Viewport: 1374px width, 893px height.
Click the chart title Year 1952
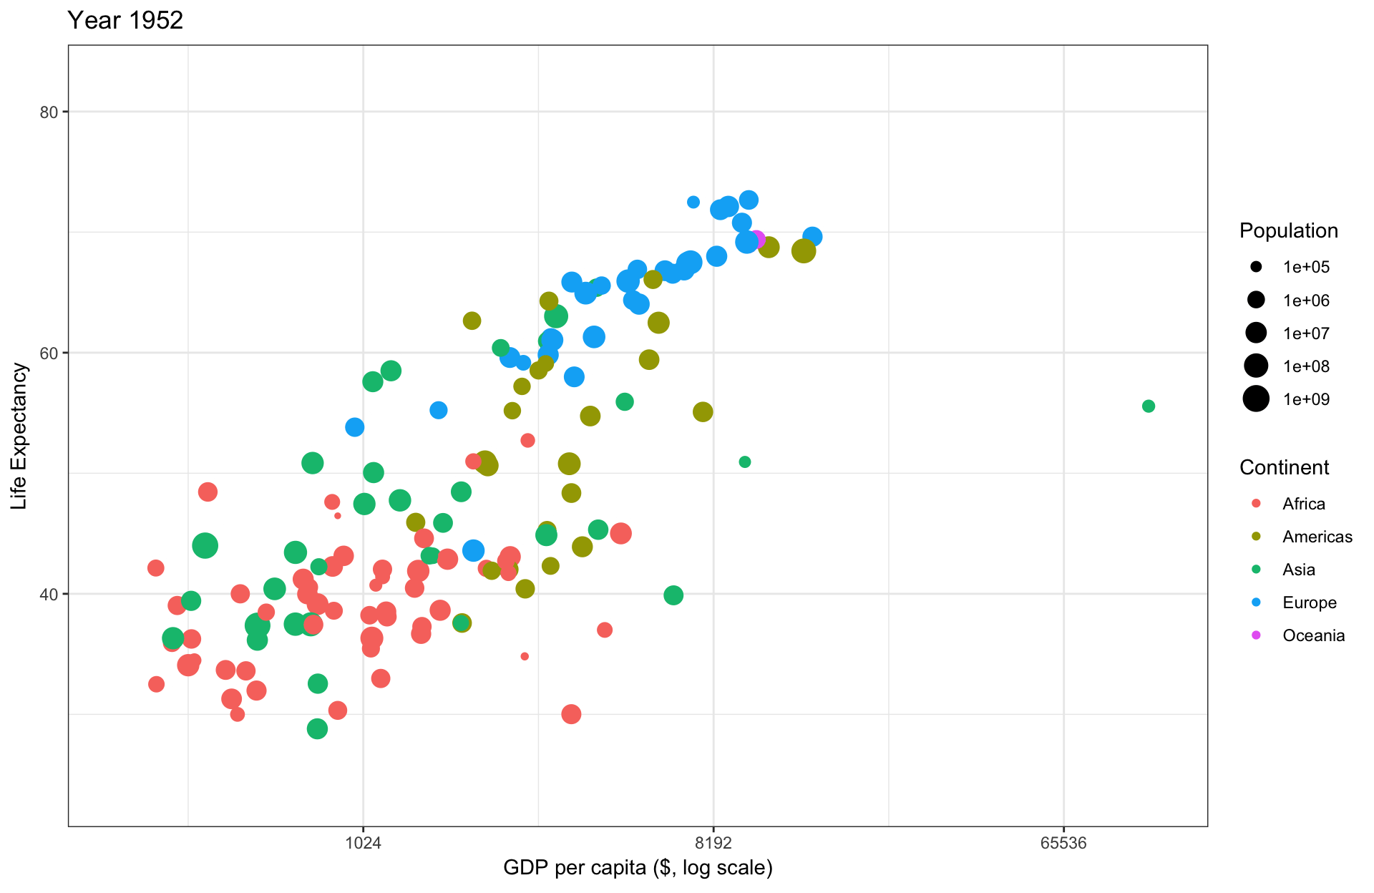click(x=125, y=20)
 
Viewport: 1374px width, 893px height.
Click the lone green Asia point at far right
click(x=1149, y=406)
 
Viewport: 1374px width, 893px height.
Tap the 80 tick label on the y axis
click(x=49, y=112)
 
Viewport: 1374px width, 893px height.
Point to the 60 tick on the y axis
click(x=49, y=353)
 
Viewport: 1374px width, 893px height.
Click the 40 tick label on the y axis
click(x=49, y=594)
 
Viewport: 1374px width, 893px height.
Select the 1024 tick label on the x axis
click(x=363, y=843)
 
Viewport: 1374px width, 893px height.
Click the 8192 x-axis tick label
click(x=713, y=843)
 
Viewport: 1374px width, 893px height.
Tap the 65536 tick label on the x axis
click(x=1063, y=843)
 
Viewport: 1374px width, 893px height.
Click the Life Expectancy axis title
click(x=19, y=436)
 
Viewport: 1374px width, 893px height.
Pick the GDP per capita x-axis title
click(x=638, y=868)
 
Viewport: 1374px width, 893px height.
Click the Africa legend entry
click(x=1303, y=504)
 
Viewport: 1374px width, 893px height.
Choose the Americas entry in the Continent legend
click(x=1317, y=537)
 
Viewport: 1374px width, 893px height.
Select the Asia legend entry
click(x=1298, y=570)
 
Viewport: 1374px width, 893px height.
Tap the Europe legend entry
click(x=1309, y=602)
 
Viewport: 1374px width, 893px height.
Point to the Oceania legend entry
click(x=1313, y=635)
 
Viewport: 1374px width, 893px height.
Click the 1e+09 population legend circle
click(x=1256, y=399)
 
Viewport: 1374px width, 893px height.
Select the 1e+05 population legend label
click(x=1306, y=268)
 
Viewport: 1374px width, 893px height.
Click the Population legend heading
click(x=1288, y=230)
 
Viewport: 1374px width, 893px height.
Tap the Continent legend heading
click(x=1284, y=467)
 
